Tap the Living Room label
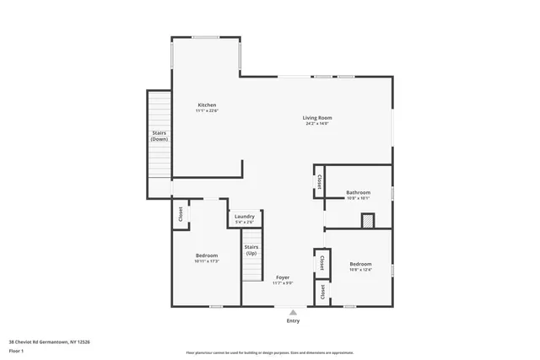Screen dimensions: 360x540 point(317,117)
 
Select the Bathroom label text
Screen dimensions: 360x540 point(359,192)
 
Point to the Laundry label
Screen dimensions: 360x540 point(245,217)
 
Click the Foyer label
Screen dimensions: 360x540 point(283,277)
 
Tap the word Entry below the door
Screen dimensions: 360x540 point(293,320)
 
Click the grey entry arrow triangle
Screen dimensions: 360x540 point(293,311)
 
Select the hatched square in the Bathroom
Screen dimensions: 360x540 point(367,220)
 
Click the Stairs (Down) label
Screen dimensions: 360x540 point(159,137)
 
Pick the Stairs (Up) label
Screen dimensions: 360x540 point(251,250)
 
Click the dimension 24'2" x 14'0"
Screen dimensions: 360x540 point(317,124)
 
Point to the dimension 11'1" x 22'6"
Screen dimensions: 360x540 point(207,110)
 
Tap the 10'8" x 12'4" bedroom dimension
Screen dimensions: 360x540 point(359,270)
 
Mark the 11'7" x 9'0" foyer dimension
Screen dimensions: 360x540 point(283,283)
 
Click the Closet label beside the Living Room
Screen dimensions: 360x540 point(319,182)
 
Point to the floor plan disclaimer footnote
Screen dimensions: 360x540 point(270,352)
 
